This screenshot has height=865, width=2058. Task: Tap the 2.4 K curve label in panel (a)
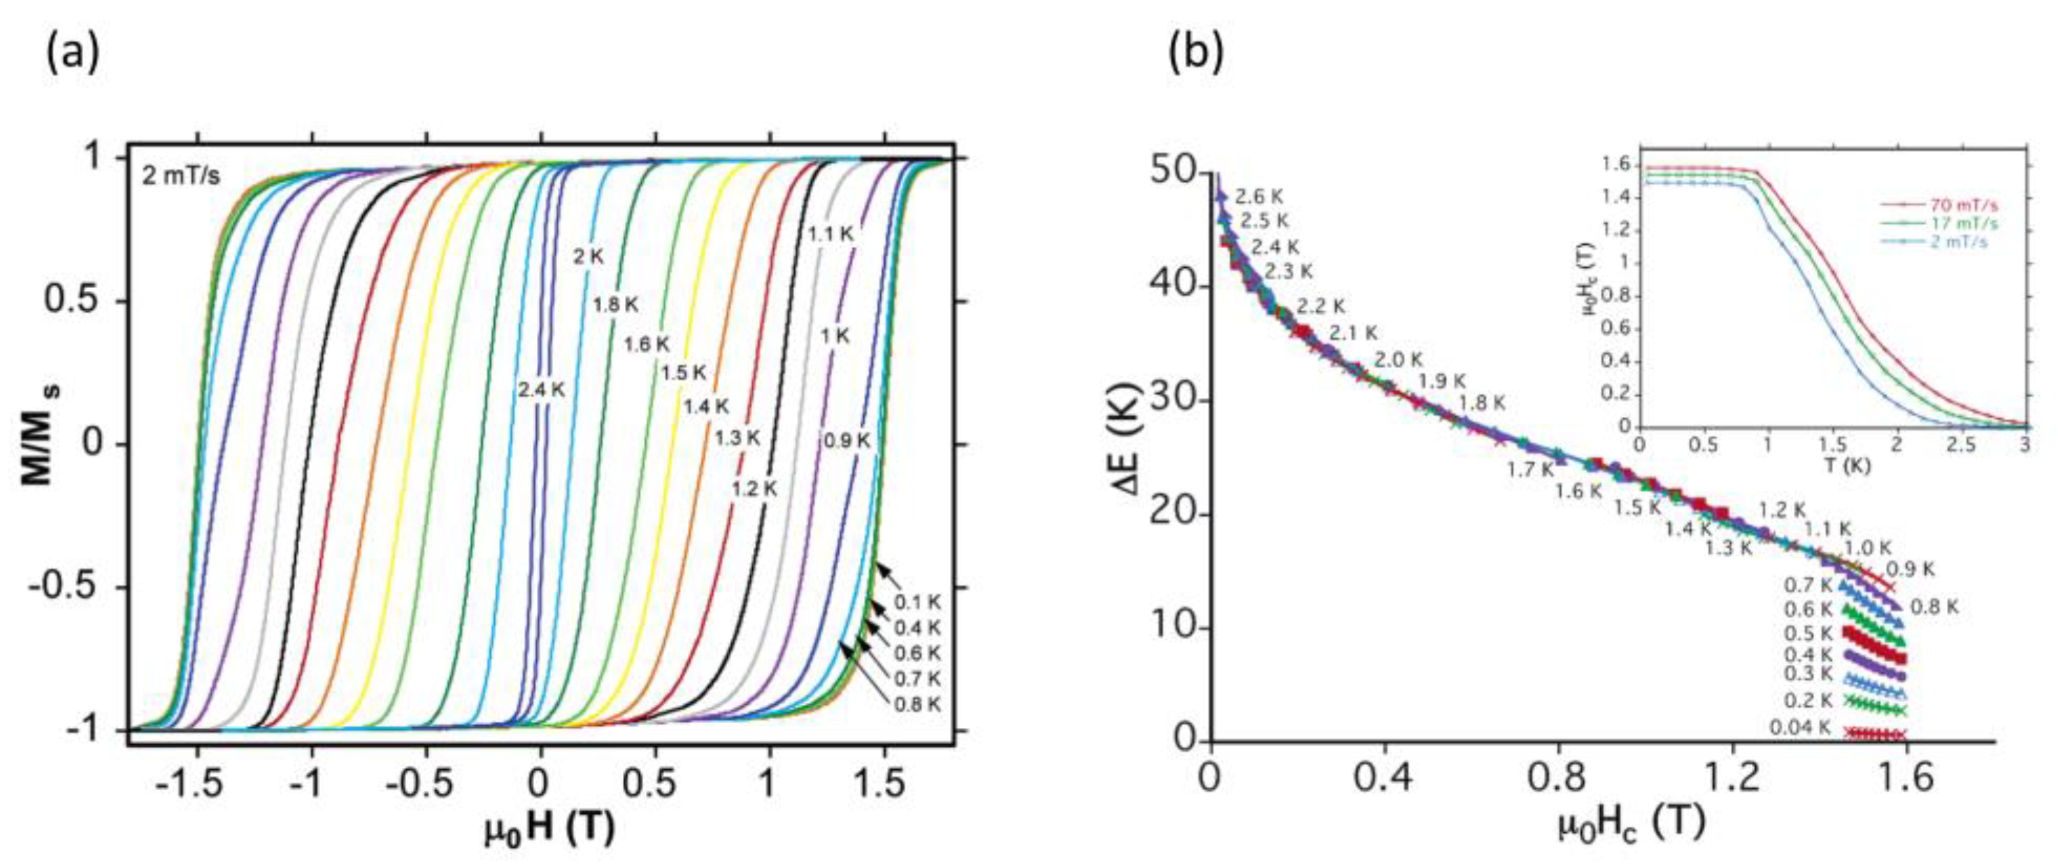click(541, 390)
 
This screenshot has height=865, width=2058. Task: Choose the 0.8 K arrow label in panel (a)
click(916, 704)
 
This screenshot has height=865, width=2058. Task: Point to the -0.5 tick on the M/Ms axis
click(66, 587)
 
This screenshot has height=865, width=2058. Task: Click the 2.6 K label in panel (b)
click(1260, 196)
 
